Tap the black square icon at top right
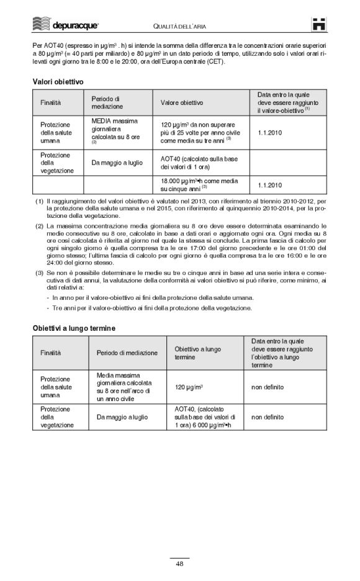(x=319, y=24)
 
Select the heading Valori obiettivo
(x=58, y=81)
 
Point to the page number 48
(x=179, y=564)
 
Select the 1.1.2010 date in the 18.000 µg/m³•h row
(x=269, y=185)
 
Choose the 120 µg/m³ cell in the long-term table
(x=189, y=387)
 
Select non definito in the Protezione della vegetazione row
(x=268, y=418)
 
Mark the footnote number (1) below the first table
(x=39, y=202)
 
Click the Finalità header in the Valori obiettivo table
(x=52, y=102)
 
